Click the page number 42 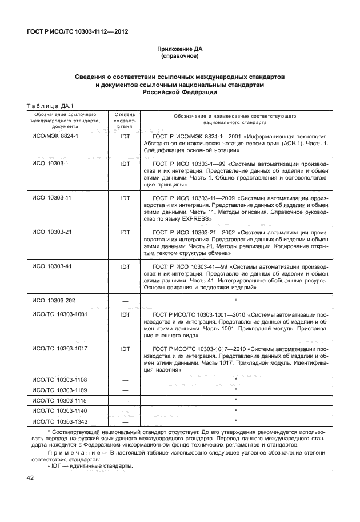tap(30, 477)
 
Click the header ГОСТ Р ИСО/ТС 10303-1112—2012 tap(77, 31)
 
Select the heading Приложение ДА tap(179, 50)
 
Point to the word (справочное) tap(179, 57)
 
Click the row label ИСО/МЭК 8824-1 tap(55, 138)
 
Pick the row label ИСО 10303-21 tap(51, 233)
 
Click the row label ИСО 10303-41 tap(51, 266)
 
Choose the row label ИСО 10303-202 tap(53, 300)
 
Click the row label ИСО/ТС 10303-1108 tap(59, 380)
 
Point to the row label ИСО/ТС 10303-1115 tap(59, 400)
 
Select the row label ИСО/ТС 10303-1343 tap(59, 421)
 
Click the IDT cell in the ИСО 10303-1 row tap(125, 164)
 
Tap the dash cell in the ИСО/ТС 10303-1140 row tap(125, 411)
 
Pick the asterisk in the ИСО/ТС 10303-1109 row tap(235, 390)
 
